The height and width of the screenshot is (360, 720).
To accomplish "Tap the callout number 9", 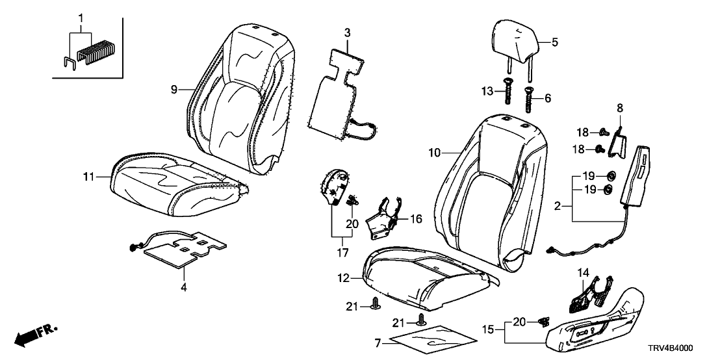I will coord(174,90).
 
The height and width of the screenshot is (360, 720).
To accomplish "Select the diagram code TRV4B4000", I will coord(687,348).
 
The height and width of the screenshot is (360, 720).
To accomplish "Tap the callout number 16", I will coord(415,220).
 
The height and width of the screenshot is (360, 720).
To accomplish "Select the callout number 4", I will coord(183,286).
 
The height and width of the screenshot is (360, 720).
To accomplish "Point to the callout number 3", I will coord(347,32).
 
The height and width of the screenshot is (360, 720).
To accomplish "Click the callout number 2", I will coord(556,206).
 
